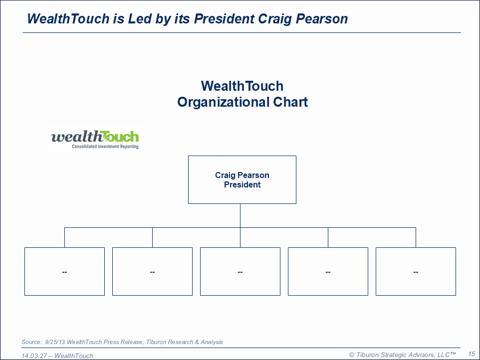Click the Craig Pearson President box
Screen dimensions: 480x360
point(242,180)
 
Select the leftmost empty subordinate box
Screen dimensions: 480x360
point(64,272)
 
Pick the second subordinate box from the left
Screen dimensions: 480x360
point(153,272)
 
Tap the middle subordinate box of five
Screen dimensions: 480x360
point(240,272)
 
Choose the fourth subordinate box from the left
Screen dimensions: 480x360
point(328,272)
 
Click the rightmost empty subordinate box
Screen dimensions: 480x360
point(416,272)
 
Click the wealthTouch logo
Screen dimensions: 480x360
point(95,140)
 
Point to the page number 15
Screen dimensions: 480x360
point(472,354)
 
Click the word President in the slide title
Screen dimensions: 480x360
point(224,18)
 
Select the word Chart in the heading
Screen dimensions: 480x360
point(290,102)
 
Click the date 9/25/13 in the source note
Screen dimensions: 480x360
point(55,342)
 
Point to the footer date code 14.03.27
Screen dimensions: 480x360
point(33,356)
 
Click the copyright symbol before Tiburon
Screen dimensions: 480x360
point(352,355)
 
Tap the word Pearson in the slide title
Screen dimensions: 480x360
point(322,18)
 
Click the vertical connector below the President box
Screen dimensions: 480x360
point(240,215)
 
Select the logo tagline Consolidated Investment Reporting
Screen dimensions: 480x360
point(105,147)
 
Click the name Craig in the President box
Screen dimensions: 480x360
point(225,175)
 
